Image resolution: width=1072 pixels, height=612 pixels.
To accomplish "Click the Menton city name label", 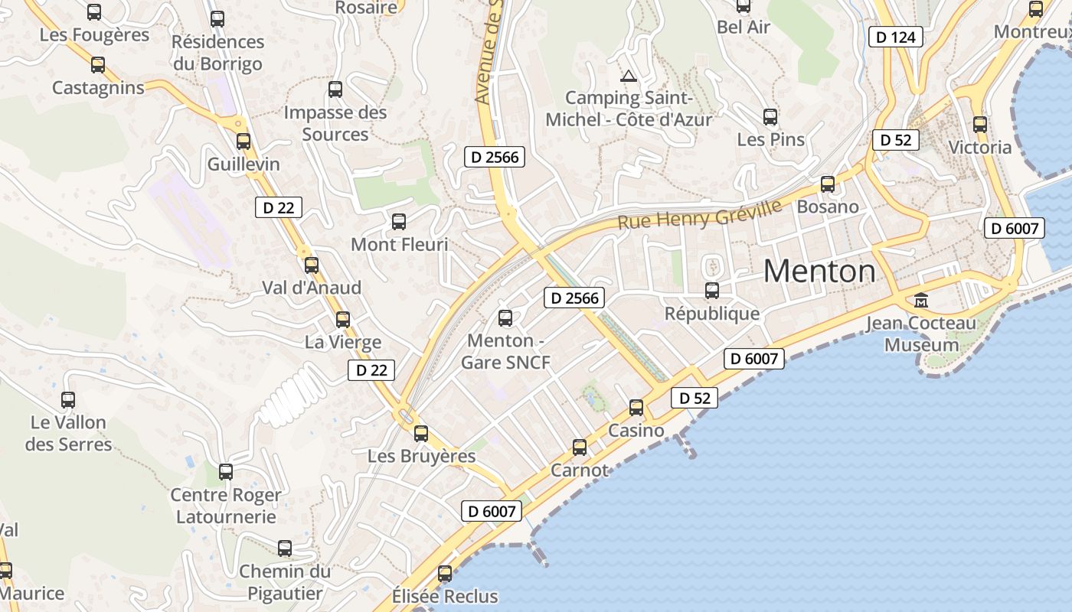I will [x=819, y=272].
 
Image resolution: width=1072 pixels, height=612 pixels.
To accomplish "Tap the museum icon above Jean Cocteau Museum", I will [x=921, y=300].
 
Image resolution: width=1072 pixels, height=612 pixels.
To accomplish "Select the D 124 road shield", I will [x=896, y=37].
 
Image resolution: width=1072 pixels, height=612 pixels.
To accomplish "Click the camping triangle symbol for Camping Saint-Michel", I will [x=629, y=76].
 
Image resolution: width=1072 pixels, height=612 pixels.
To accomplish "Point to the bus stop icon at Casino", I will [x=636, y=408].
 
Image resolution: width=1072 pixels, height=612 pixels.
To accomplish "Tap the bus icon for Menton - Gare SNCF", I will [x=505, y=317].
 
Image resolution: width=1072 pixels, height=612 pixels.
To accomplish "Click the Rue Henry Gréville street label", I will [x=700, y=213].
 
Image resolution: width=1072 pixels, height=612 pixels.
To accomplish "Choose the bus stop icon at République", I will [x=712, y=291].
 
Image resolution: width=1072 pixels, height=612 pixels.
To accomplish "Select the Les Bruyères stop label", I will [x=422, y=456].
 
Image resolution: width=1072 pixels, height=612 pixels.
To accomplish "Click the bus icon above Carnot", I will [x=580, y=447].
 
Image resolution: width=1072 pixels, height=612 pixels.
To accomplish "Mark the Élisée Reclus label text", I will [x=445, y=596].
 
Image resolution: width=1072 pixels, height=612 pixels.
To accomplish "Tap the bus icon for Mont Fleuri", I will [x=399, y=222].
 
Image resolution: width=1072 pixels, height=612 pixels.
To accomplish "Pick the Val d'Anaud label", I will [x=312, y=288].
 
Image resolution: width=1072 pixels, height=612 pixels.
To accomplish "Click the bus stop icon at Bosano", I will [x=828, y=184].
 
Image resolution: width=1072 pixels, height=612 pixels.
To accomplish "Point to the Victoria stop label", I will [x=980, y=147].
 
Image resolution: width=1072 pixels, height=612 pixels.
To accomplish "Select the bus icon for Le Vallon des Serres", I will [x=68, y=399].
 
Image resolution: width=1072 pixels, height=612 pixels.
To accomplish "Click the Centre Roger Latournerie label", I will [x=226, y=506].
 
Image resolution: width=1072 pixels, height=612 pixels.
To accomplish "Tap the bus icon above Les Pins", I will [x=770, y=117].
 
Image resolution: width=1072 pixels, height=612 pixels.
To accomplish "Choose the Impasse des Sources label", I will [x=335, y=123].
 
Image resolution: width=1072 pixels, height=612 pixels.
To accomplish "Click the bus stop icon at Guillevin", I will [x=243, y=142].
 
